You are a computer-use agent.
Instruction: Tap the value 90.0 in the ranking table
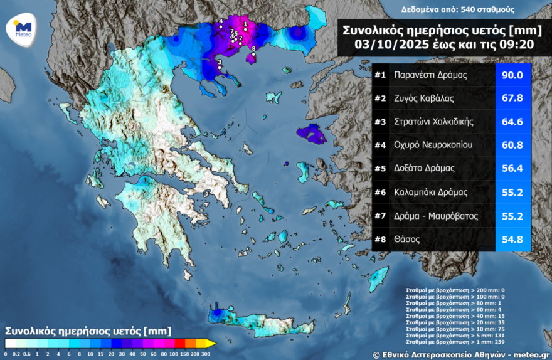513,75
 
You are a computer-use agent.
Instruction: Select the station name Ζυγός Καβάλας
423,98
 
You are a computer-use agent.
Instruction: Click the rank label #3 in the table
379,122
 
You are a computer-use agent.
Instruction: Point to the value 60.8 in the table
513,145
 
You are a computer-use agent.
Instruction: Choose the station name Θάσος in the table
408,239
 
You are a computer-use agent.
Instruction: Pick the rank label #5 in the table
379,169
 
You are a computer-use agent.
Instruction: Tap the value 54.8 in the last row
513,239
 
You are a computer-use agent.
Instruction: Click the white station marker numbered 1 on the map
245,29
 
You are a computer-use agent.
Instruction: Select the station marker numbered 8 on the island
253,55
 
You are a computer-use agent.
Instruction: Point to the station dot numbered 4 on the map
221,28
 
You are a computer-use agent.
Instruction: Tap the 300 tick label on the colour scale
204,354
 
